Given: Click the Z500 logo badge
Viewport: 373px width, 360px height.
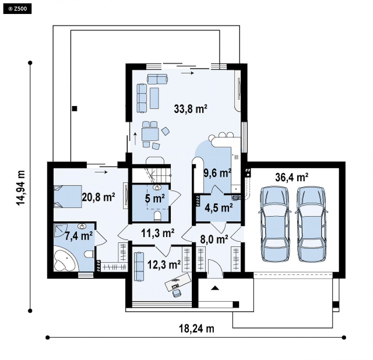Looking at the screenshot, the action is [x=17, y=9].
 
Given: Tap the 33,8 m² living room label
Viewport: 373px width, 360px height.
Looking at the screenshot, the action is [x=190, y=109].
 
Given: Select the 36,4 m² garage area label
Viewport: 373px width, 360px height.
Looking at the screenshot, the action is [x=292, y=177].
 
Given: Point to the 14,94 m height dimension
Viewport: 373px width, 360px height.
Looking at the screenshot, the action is [x=21, y=187].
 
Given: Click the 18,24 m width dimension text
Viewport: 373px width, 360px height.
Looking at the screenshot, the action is [x=196, y=329].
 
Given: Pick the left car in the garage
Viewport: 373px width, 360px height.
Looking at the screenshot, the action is [x=275, y=224].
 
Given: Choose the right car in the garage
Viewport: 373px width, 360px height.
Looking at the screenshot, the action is [x=311, y=224].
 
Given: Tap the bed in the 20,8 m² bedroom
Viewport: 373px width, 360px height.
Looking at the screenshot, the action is [x=67, y=196].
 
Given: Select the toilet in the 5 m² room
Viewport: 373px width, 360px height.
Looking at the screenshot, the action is [x=158, y=216].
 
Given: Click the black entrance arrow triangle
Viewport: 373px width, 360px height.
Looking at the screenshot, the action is [x=215, y=288].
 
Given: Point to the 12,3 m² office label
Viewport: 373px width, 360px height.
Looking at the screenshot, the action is [x=164, y=265].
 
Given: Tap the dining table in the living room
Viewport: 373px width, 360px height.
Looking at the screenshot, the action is [x=150, y=134].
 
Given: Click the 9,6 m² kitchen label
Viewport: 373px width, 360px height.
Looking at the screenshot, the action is [x=217, y=173].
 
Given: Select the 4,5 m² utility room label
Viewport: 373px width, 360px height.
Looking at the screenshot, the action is [x=219, y=208].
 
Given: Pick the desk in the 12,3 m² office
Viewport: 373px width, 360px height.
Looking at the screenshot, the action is [x=178, y=282].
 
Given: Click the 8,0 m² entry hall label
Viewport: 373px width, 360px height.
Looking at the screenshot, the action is [x=214, y=239].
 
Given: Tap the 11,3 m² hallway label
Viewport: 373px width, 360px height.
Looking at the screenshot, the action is [x=158, y=233].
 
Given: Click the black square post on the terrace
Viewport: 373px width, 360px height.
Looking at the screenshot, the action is [x=74, y=108].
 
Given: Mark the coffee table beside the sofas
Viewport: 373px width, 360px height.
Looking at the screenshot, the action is [x=154, y=98].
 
